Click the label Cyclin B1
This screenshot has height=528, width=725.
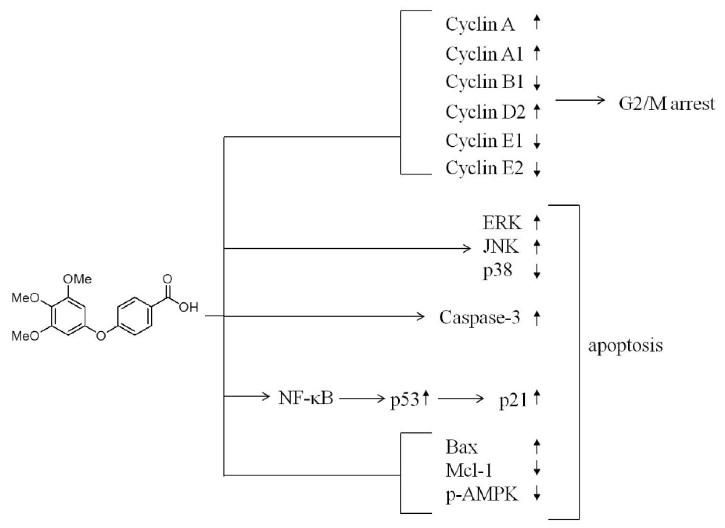(484, 82)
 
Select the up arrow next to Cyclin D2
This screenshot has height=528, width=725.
(537, 112)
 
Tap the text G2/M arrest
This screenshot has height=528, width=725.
(666, 104)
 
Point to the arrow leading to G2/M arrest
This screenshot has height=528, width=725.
(580, 100)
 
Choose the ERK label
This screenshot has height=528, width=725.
(502, 223)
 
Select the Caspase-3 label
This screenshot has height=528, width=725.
(479, 317)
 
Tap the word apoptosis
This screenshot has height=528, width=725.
(625, 346)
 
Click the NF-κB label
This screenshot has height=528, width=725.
(306, 398)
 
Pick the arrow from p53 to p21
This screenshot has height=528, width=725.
(461, 399)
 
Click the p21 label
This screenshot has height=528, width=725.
(513, 400)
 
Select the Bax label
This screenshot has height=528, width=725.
(461, 447)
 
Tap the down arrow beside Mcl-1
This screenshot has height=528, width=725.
(537, 470)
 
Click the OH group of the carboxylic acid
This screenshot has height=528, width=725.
(189, 307)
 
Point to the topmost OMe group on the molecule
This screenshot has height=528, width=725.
(77, 279)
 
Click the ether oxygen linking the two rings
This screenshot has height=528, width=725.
(101, 335)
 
